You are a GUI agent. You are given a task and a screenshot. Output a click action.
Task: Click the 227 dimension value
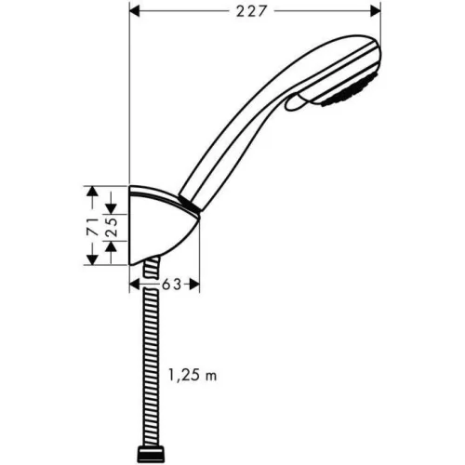point(251,12)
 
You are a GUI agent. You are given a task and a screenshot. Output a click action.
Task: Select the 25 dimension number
point(112,227)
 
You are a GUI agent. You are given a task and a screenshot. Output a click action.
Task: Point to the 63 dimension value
point(171,285)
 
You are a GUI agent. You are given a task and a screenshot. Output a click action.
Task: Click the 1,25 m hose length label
point(193,376)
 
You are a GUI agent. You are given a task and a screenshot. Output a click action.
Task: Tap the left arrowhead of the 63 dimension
point(135,285)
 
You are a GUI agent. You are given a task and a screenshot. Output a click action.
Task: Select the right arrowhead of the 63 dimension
point(193,285)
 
